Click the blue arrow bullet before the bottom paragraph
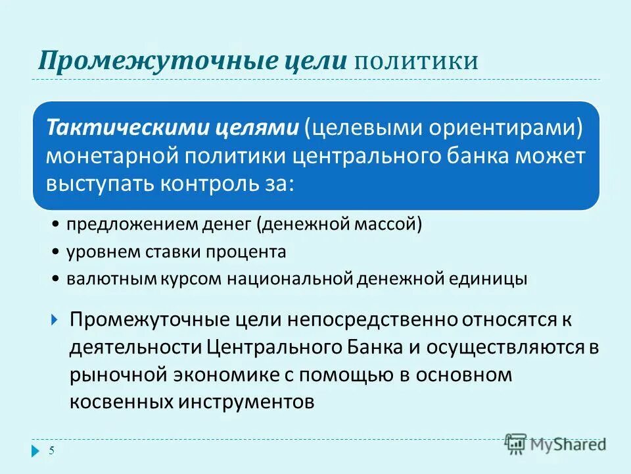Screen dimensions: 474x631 (55, 321)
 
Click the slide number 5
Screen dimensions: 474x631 (52, 450)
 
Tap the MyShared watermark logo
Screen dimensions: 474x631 (555, 443)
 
